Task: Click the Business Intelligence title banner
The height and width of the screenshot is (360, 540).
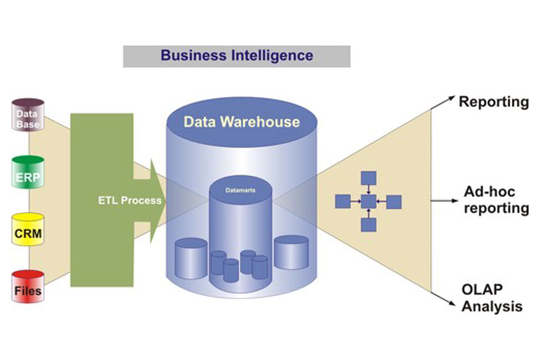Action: [x=237, y=56]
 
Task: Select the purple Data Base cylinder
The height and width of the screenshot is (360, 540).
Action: [x=28, y=115]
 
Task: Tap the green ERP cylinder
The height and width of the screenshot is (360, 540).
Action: [x=28, y=173]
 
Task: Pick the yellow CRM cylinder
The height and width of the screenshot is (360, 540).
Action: [x=28, y=230]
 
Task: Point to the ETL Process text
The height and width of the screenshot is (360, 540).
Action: [x=130, y=200]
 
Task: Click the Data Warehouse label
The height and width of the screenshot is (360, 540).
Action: [x=242, y=122]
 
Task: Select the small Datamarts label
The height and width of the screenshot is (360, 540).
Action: [x=240, y=190]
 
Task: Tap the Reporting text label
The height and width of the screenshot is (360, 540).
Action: [x=494, y=102]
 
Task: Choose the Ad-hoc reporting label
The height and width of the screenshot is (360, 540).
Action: [x=496, y=200]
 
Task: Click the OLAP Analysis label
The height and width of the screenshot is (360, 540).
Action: [x=491, y=298]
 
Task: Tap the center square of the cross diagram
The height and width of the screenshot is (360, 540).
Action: [x=368, y=202]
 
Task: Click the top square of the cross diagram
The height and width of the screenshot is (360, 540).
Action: [x=368, y=179]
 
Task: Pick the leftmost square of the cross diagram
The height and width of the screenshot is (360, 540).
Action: [x=343, y=202]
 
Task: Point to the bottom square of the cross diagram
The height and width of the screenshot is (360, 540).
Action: [x=368, y=225]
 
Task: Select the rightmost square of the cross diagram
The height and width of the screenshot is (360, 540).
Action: [x=394, y=202]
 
